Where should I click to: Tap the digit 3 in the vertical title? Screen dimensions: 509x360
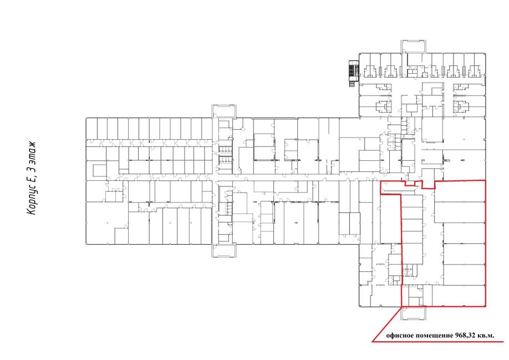point(32,169)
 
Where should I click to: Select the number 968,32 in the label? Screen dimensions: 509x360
point(464,336)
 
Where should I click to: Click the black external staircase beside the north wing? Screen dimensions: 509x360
point(354,73)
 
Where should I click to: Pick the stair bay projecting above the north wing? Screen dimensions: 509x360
point(413,47)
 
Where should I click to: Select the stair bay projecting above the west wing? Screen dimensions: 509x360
point(223,111)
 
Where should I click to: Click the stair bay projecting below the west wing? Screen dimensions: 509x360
point(223,251)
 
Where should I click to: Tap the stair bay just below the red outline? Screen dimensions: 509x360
point(413,313)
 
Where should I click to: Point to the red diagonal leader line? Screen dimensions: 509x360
point(387,324)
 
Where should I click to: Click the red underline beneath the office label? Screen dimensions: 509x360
point(437,342)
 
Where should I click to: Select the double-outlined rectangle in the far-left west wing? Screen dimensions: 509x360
point(100,170)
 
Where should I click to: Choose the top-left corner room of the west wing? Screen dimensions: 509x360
point(91,129)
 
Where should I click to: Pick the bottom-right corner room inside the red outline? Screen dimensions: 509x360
point(459,296)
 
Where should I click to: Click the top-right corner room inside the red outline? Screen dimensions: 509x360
point(460,191)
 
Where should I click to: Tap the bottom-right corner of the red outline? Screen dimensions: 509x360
point(486,306)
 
